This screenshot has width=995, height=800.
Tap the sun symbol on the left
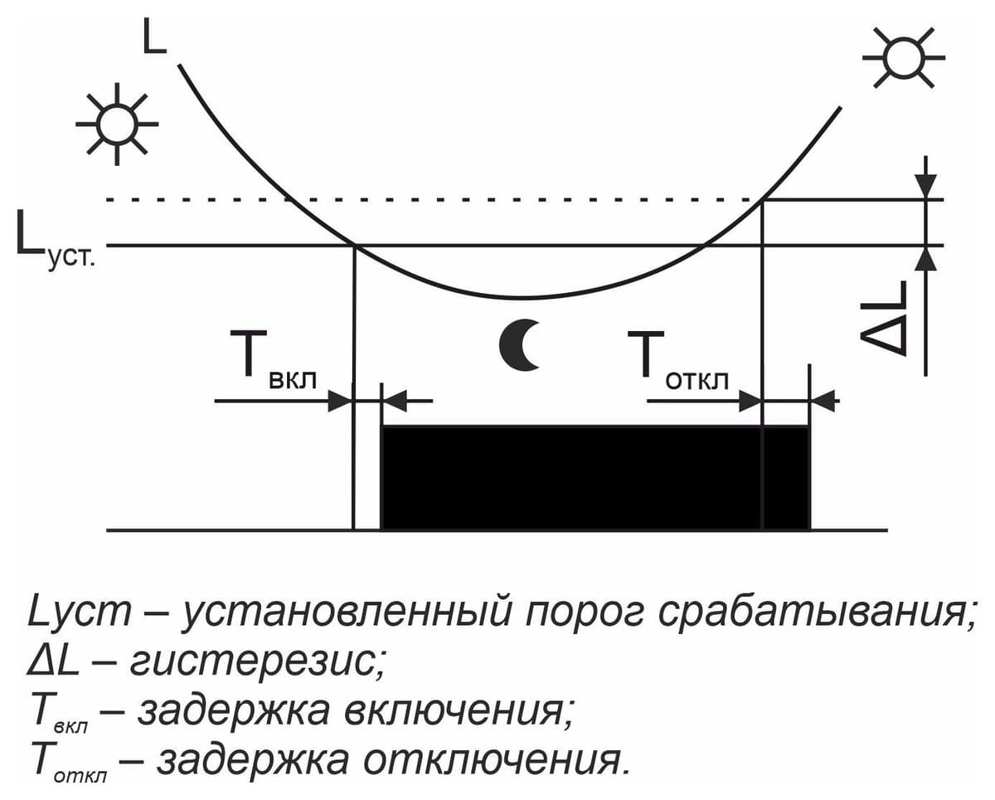tap(117, 124)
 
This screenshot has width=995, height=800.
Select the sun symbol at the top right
tap(904, 58)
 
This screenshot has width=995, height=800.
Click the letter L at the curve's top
tap(153, 37)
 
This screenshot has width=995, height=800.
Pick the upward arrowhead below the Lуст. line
tap(925, 258)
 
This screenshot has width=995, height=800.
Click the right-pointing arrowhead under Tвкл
tap(340, 401)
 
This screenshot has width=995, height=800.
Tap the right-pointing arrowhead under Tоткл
tap(750, 401)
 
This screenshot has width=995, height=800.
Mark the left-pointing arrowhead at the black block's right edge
tap(823, 401)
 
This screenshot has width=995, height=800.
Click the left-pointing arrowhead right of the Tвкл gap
tap(395, 401)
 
